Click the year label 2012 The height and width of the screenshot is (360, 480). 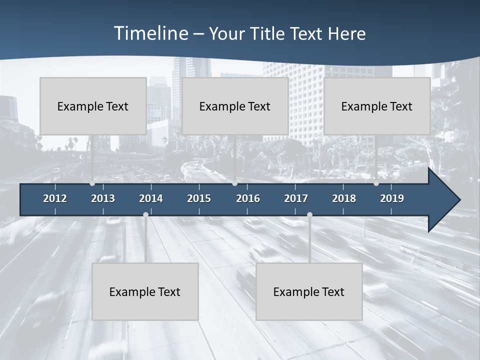[55, 198]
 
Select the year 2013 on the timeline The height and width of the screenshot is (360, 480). [103, 198]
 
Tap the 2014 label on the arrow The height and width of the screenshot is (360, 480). [151, 198]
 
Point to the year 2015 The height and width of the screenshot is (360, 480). [199, 198]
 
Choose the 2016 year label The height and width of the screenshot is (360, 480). [248, 198]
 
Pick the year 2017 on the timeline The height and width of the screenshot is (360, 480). [296, 198]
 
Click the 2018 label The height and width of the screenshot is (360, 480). [344, 198]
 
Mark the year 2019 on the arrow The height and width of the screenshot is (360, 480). [392, 198]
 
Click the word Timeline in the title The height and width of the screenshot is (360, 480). [150, 33]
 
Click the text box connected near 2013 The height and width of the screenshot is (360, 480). [93, 106]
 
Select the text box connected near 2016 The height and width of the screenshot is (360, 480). [235, 106]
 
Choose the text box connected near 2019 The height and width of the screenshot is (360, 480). [377, 106]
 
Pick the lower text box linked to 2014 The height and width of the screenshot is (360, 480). [145, 291]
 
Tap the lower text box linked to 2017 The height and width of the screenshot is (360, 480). [309, 291]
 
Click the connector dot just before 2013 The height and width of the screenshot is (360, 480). [92, 183]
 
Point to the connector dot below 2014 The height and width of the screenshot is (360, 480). [145, 215]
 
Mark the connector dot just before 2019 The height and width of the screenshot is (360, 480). [376, 183]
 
